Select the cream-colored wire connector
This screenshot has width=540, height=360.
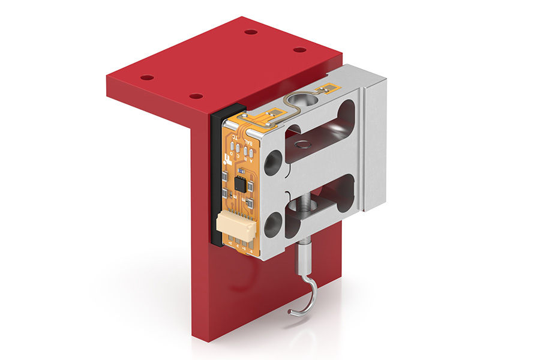click(231, 229)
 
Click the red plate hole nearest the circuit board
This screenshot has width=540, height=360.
click(196, 96)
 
